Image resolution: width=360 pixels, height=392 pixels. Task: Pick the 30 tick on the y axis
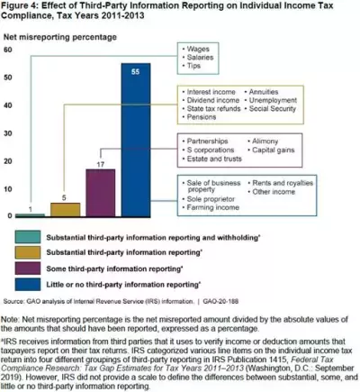(8, 133)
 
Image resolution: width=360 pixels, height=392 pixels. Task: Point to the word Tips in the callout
(197, 67)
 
